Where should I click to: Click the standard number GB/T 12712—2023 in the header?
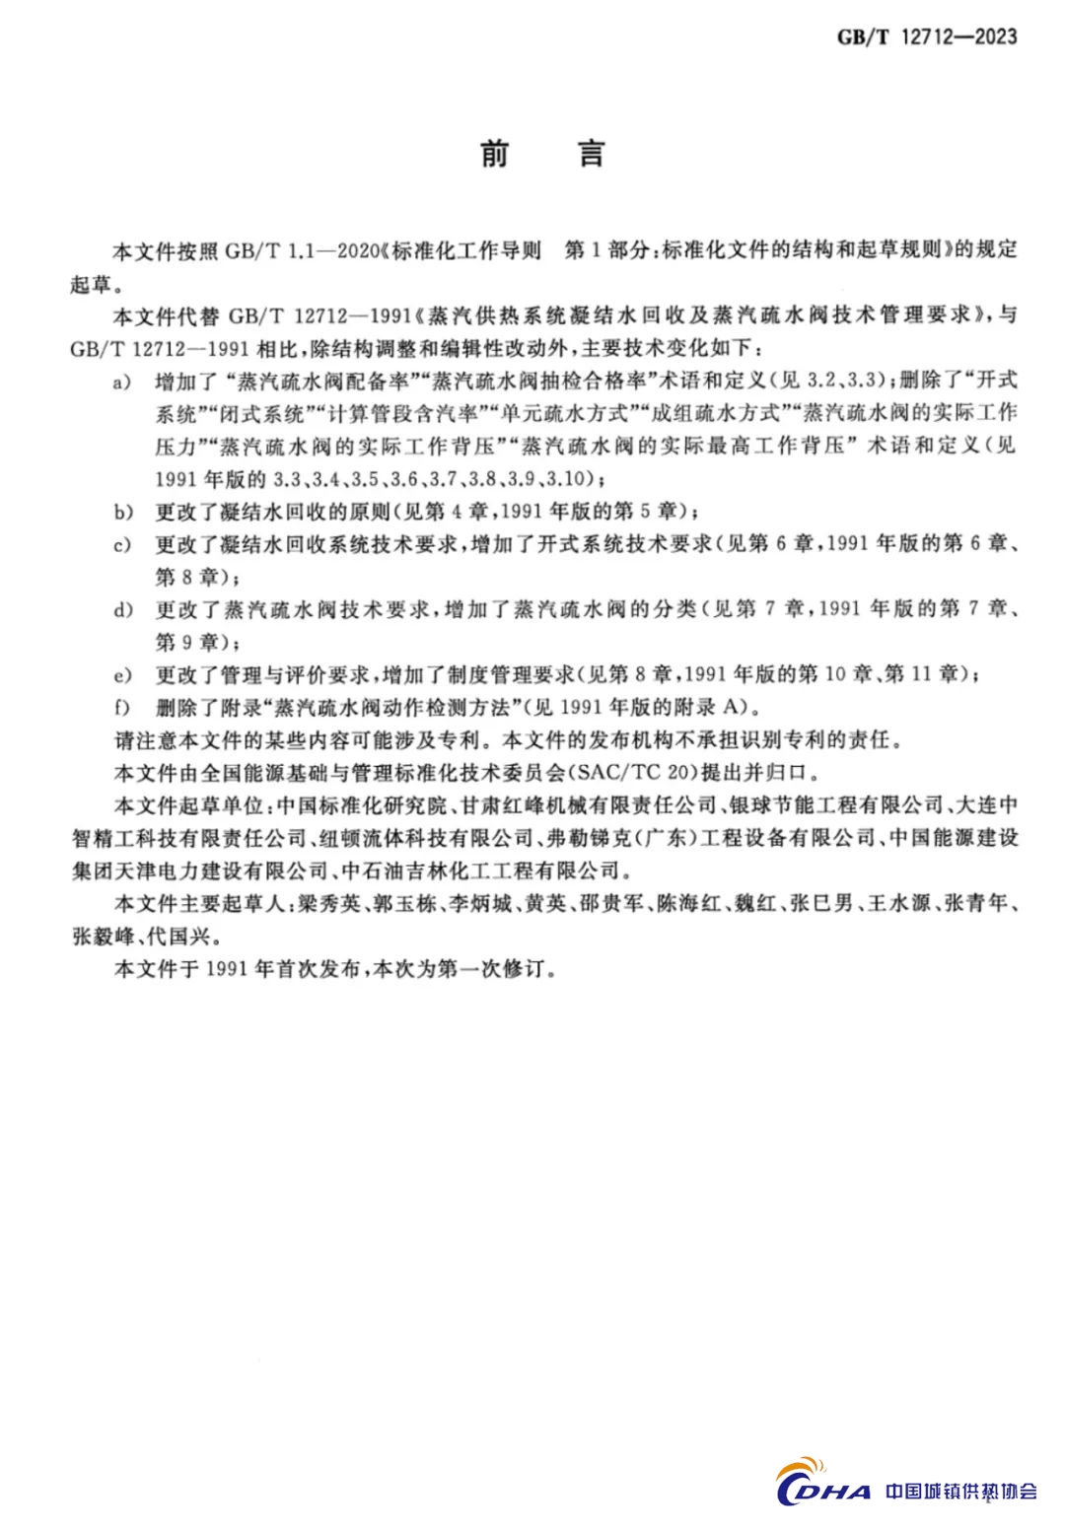pos(927,37)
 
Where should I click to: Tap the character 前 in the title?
pos(494,154)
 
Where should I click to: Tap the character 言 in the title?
pos(591,154)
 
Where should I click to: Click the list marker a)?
pos(122,382)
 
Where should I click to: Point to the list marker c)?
pos(122,544)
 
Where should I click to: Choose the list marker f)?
pos(122,707)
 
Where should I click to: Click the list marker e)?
pos(122,674)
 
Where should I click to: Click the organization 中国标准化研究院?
pos(362,805)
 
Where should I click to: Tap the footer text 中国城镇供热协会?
pos(961,1491)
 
